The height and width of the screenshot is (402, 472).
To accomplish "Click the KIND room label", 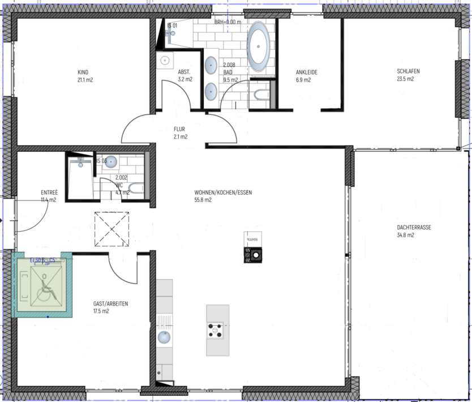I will (x=84, y=72).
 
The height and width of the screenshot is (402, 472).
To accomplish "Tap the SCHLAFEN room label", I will (x=408, y=71).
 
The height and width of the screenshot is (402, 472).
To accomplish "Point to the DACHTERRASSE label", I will (x=414, y=227).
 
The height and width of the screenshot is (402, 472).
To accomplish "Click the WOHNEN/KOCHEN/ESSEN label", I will (x=222, y=193).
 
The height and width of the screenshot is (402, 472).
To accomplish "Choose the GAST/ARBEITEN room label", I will (x=110, y=304).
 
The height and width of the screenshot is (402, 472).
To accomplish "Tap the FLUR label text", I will (x=180, y=129).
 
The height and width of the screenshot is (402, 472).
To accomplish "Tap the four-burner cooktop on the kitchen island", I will (x=215, y=330).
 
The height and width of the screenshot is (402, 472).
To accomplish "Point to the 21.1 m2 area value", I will (x=85, y=80).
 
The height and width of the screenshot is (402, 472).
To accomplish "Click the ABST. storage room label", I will (x=184, y=72).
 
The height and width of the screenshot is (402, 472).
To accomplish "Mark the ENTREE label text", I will (x=49, y=193).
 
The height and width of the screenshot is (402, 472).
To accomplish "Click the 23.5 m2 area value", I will (x=405, y=79).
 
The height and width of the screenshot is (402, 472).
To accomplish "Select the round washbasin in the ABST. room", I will (x=166, y=60).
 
